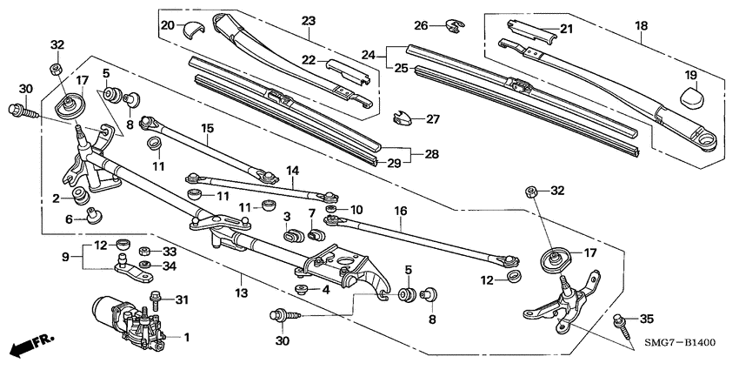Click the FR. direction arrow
[x=26, y=347]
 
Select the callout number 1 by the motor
[x=184, y=336]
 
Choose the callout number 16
[x=401, y=211]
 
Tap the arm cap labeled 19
[x=691, y=92]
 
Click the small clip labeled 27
[x=403, y=117]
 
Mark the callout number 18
[x=642, y=26]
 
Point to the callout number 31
[x=182, y=300]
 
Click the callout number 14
[x=292, y=171]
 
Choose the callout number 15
[x=207, y=128]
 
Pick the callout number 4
[x=326, y=289]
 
